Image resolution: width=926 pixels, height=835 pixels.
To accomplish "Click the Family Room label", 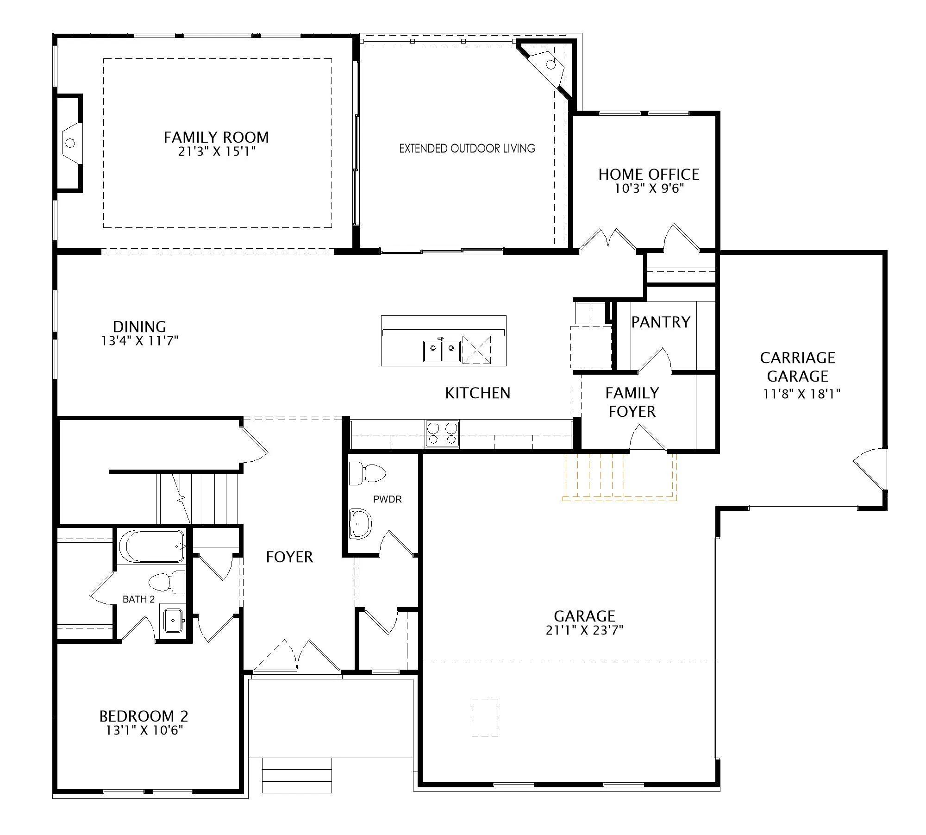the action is point(216,138).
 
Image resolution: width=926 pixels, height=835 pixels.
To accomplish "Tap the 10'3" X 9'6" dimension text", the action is point(649,188).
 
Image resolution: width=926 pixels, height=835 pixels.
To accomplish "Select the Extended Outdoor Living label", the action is point(467,149).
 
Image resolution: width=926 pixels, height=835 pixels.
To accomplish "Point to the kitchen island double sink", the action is point(442,351).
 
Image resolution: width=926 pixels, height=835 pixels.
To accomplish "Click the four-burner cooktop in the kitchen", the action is point(442,433).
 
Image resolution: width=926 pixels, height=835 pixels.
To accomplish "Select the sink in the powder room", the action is point(360,523).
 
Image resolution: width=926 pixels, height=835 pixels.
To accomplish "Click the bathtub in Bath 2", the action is point(152,546).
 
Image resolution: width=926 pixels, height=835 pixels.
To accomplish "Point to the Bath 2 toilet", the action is point(167,582).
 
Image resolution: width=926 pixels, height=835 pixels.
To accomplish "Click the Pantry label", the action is point(661,322).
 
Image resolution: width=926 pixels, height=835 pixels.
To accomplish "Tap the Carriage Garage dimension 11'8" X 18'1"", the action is point(801,394).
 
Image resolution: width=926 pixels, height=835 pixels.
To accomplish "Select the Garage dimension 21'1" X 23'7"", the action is point(584,630).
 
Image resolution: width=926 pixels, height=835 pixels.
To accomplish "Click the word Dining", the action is point(139,326).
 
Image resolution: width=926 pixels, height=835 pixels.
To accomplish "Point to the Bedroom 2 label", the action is point(144,716).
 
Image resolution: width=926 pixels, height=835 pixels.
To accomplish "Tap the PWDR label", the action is point(388,499).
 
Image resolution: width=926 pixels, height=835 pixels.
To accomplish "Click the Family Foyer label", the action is point(632,402).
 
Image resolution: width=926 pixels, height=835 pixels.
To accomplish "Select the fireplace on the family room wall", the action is point(69,143).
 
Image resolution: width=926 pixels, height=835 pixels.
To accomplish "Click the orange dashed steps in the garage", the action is point(619,477).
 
